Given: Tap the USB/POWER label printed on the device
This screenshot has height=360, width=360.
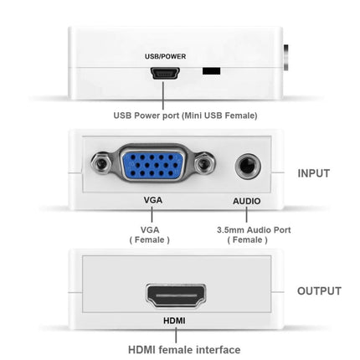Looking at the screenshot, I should [165, 57].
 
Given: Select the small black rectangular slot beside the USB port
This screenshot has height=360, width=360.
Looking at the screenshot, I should [209, 73].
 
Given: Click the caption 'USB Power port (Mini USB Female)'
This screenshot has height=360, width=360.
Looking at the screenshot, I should [185, 116].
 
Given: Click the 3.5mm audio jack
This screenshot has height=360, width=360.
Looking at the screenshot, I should [247, 166].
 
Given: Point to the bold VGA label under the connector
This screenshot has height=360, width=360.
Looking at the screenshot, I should [152, 201].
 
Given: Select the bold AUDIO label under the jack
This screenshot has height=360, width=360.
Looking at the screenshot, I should [246, 201].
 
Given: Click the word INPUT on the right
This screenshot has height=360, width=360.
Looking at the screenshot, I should [314, 173].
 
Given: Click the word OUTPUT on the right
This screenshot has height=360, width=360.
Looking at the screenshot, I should [319, 291].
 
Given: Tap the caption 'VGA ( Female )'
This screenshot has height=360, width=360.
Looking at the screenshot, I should [150, 234].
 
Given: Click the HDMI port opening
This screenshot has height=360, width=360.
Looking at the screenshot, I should [175, 295].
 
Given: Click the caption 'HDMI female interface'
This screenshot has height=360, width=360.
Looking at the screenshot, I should [184, 349].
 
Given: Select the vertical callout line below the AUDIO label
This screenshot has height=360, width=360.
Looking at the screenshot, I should [247, 214].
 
